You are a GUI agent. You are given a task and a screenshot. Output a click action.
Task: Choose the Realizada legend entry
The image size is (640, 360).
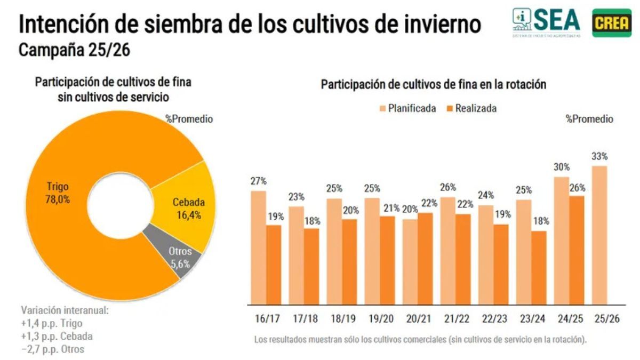coord(472,108)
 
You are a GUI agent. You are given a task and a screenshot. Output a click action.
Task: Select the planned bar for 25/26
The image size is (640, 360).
coord(600,235)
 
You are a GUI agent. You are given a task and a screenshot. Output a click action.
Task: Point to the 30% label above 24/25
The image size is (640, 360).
coord(562,167)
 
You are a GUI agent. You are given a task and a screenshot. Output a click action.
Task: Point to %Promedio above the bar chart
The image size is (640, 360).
coord(589,119)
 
